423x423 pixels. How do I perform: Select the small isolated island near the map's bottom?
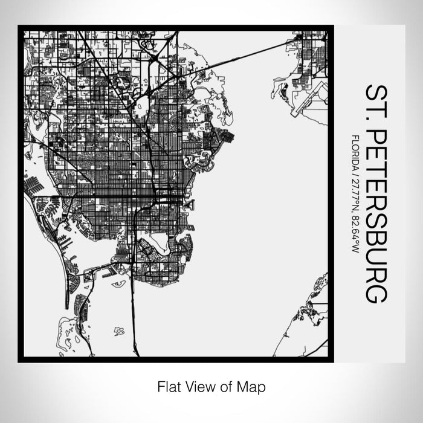point(119,331)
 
